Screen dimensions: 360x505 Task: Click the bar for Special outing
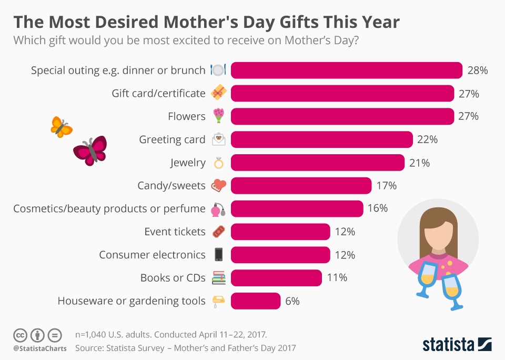(x=346, y=70)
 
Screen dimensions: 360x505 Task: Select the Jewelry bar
(x=317, y=163)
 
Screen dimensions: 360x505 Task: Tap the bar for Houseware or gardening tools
(x=255, y=301)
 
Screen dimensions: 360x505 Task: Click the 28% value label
(x=477, y=70)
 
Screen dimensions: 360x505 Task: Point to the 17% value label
(x=386, y=185)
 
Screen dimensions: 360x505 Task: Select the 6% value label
(x=292, y=301)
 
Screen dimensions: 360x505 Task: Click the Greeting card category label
(x=172, y=139)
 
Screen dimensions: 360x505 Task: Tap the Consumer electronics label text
(x=152, y=255)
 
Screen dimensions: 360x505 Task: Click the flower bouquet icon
(x=218, y=116)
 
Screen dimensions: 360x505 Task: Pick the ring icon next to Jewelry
(x=218, y=163)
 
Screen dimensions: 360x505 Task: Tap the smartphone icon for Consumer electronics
(x=218, y=255)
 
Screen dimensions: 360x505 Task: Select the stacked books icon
(x=218, y=278)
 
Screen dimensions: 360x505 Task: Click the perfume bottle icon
(x=218, y=209)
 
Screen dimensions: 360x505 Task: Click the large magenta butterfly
(x=90, y=151)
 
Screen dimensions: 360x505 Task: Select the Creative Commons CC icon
(x=20, y=335)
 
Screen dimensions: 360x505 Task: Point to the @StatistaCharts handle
(x=40, y=348)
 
